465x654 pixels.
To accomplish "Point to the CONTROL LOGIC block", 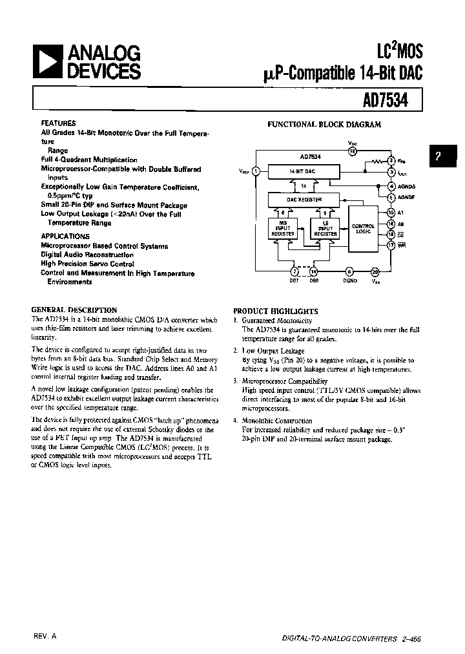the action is point(362,229).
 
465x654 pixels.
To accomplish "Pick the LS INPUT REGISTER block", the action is point(325,229).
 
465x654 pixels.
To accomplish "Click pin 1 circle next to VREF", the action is point(256,171).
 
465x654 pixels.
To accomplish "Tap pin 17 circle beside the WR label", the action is point(391,245).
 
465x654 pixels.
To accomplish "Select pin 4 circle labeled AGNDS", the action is point(391,185).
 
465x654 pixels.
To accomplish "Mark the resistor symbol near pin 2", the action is point(374,160).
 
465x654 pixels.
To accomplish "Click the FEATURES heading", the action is point(58,123).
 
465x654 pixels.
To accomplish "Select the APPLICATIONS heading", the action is point(65,237).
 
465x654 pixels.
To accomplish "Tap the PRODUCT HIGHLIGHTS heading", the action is point(275,311).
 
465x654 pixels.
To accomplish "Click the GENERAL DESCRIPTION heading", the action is point(74,310).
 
